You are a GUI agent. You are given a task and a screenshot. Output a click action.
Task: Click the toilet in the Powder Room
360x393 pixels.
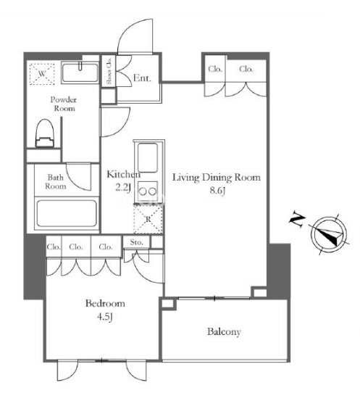(x=45, y=133)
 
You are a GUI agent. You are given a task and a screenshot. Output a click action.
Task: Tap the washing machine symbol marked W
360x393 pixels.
(x=42, y=74)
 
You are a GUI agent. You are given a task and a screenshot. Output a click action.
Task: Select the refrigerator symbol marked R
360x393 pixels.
(x=148, y=219)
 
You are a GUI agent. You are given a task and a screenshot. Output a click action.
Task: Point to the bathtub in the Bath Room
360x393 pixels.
(x=67, y=213)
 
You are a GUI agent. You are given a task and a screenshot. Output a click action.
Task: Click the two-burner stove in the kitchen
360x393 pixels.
(x=148, y=191)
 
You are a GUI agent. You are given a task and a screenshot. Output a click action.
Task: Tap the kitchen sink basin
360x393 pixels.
(x=148, y=157)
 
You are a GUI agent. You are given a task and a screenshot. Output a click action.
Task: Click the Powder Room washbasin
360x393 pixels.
(x=80, y=73)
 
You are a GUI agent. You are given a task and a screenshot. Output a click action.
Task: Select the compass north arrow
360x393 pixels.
(x=328, y=234)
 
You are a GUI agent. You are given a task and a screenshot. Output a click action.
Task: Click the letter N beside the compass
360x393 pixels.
(x=296, y=220)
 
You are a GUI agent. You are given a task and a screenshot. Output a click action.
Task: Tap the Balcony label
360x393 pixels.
(x=224, y=332)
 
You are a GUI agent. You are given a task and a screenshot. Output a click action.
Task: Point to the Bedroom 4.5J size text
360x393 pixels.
(x=105, y=317)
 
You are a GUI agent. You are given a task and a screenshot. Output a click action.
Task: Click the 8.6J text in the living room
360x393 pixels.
(x=217, y=191)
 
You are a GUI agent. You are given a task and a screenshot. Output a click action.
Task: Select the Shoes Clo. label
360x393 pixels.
(x=109, y=71)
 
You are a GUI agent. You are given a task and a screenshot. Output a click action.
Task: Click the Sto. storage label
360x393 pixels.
(x=136, y=242)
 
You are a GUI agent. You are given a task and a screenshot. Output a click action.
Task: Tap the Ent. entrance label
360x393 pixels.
(x=142, y=78)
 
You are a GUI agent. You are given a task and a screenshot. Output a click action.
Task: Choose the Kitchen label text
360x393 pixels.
(x=123, y=174)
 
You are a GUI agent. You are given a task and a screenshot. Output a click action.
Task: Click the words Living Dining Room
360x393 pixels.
(x=217, y=178)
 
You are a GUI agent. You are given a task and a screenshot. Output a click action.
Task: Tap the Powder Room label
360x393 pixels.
(x=64, y=104)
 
